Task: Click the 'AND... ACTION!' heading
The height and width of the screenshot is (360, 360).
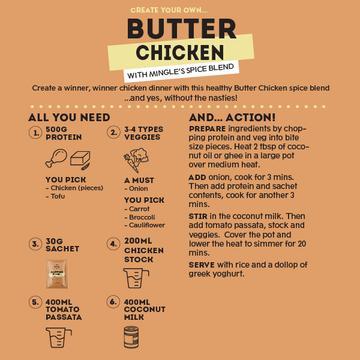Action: click(x=240, y=118)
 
